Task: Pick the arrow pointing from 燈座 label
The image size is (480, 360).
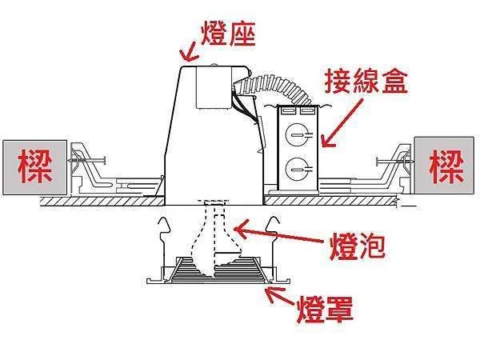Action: [190, 52]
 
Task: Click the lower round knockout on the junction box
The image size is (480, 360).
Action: [297, 168]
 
